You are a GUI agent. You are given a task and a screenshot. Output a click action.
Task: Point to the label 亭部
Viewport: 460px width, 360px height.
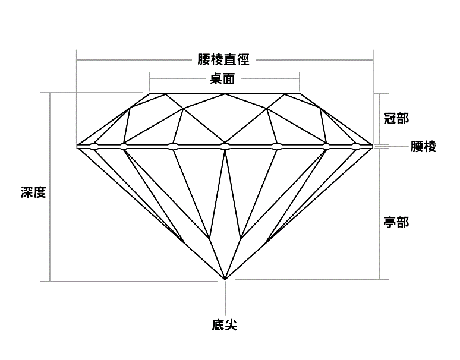tap(396, 222)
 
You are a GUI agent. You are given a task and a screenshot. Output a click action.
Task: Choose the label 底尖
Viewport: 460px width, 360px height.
tap(224, 325)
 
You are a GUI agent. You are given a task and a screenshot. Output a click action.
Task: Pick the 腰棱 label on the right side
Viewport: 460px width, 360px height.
tap(424, 146)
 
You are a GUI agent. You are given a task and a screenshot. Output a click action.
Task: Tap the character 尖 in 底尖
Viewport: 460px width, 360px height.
tap(231, 325)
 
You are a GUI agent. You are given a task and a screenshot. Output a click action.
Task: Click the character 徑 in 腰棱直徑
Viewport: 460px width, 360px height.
tap(243, 59)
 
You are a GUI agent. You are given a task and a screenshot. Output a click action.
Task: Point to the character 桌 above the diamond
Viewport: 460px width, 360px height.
tap(216, 78)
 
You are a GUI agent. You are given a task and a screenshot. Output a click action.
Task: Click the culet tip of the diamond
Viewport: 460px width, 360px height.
tap(225, 279)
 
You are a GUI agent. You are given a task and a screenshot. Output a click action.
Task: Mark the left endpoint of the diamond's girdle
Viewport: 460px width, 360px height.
tap(78, 145)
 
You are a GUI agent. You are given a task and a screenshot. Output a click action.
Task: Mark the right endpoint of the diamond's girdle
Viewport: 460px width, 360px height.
tap(373, 145)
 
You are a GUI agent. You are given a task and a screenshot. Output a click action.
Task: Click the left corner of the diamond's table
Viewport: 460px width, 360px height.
tap(149, 93)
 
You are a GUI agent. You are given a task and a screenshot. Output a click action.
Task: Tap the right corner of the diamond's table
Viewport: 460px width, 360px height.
tap(300, 93)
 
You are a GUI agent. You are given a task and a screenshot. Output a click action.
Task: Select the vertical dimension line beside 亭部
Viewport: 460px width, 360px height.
tap(379, 214)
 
